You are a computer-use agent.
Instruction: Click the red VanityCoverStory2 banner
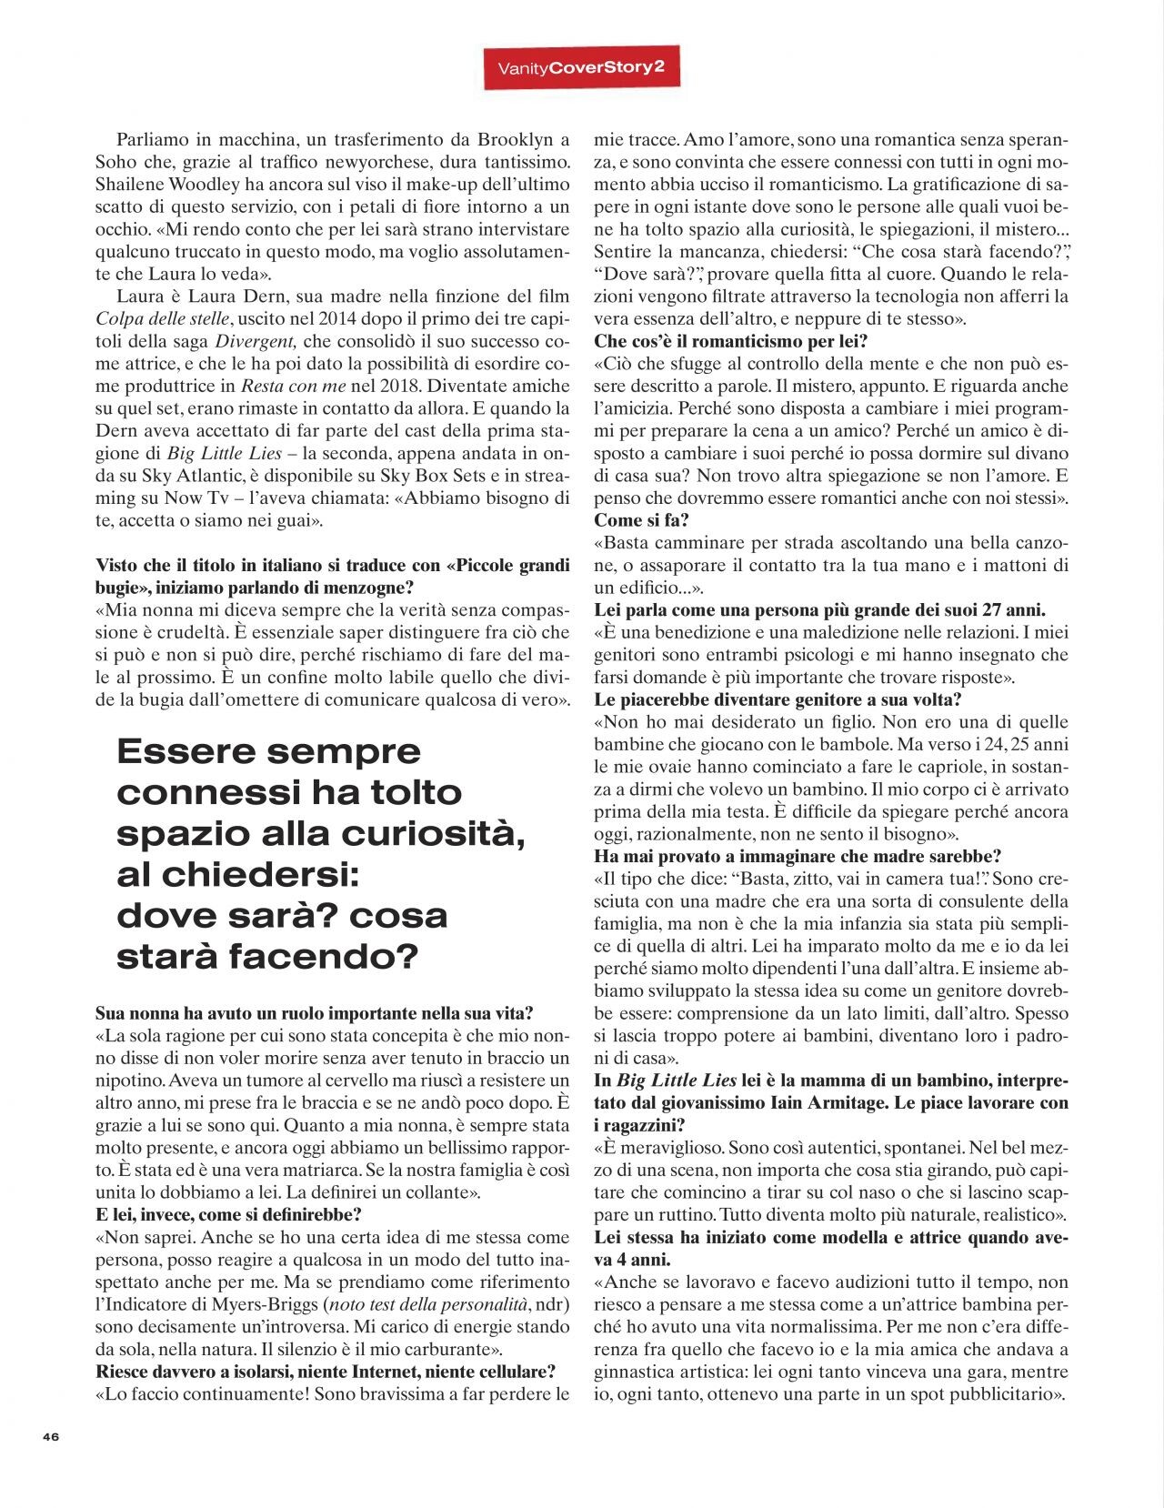581,68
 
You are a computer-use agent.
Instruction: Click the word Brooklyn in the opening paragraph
509,140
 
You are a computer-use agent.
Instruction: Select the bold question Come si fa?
641,521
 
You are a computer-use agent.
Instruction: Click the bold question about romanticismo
730,342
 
